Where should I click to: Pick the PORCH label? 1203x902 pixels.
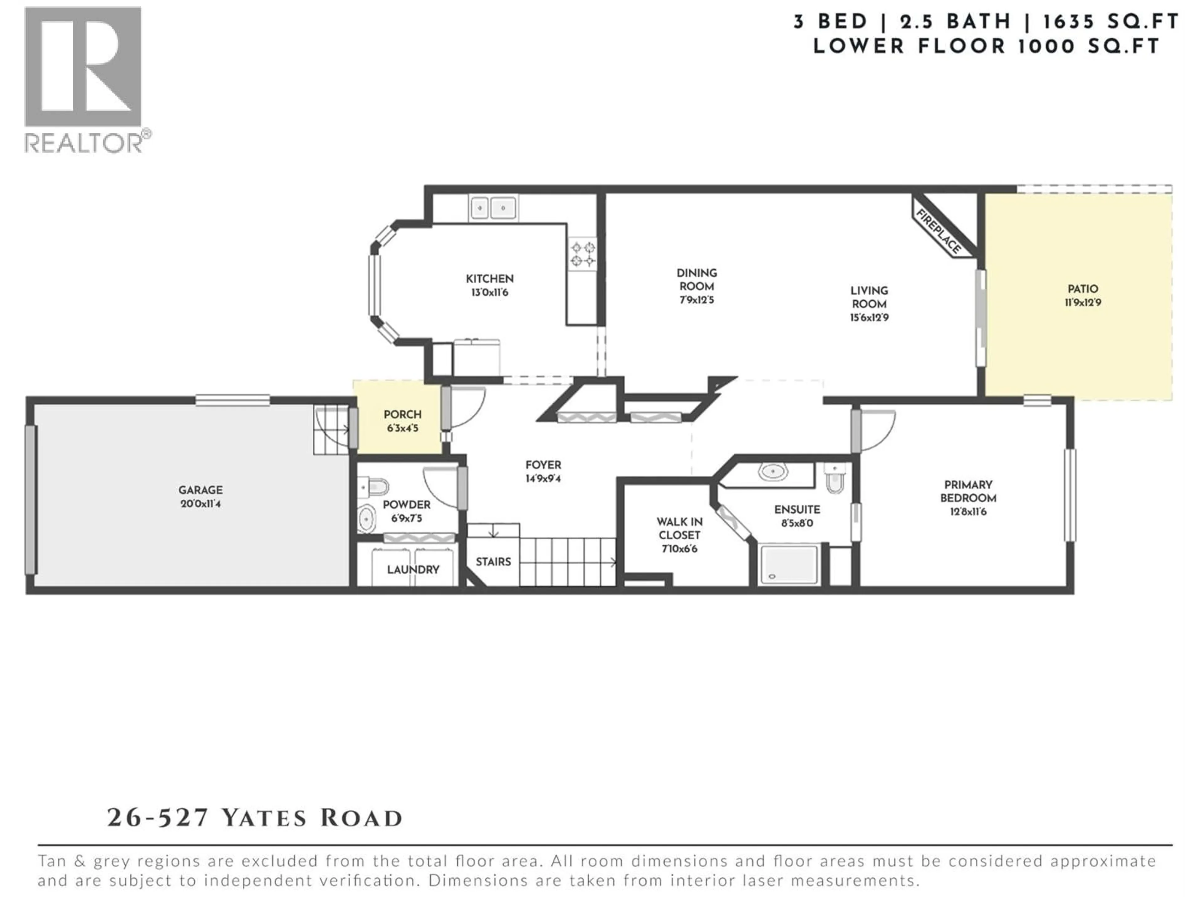pyautogui.click(x=403, y=414)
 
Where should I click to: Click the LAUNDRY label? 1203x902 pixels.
pyautogui.click(x=413, y=569)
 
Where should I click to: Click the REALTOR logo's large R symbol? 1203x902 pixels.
pyautogui.click(x=83, y=67)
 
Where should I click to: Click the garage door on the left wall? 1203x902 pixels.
pyautogui.click(x=31, y=500)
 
